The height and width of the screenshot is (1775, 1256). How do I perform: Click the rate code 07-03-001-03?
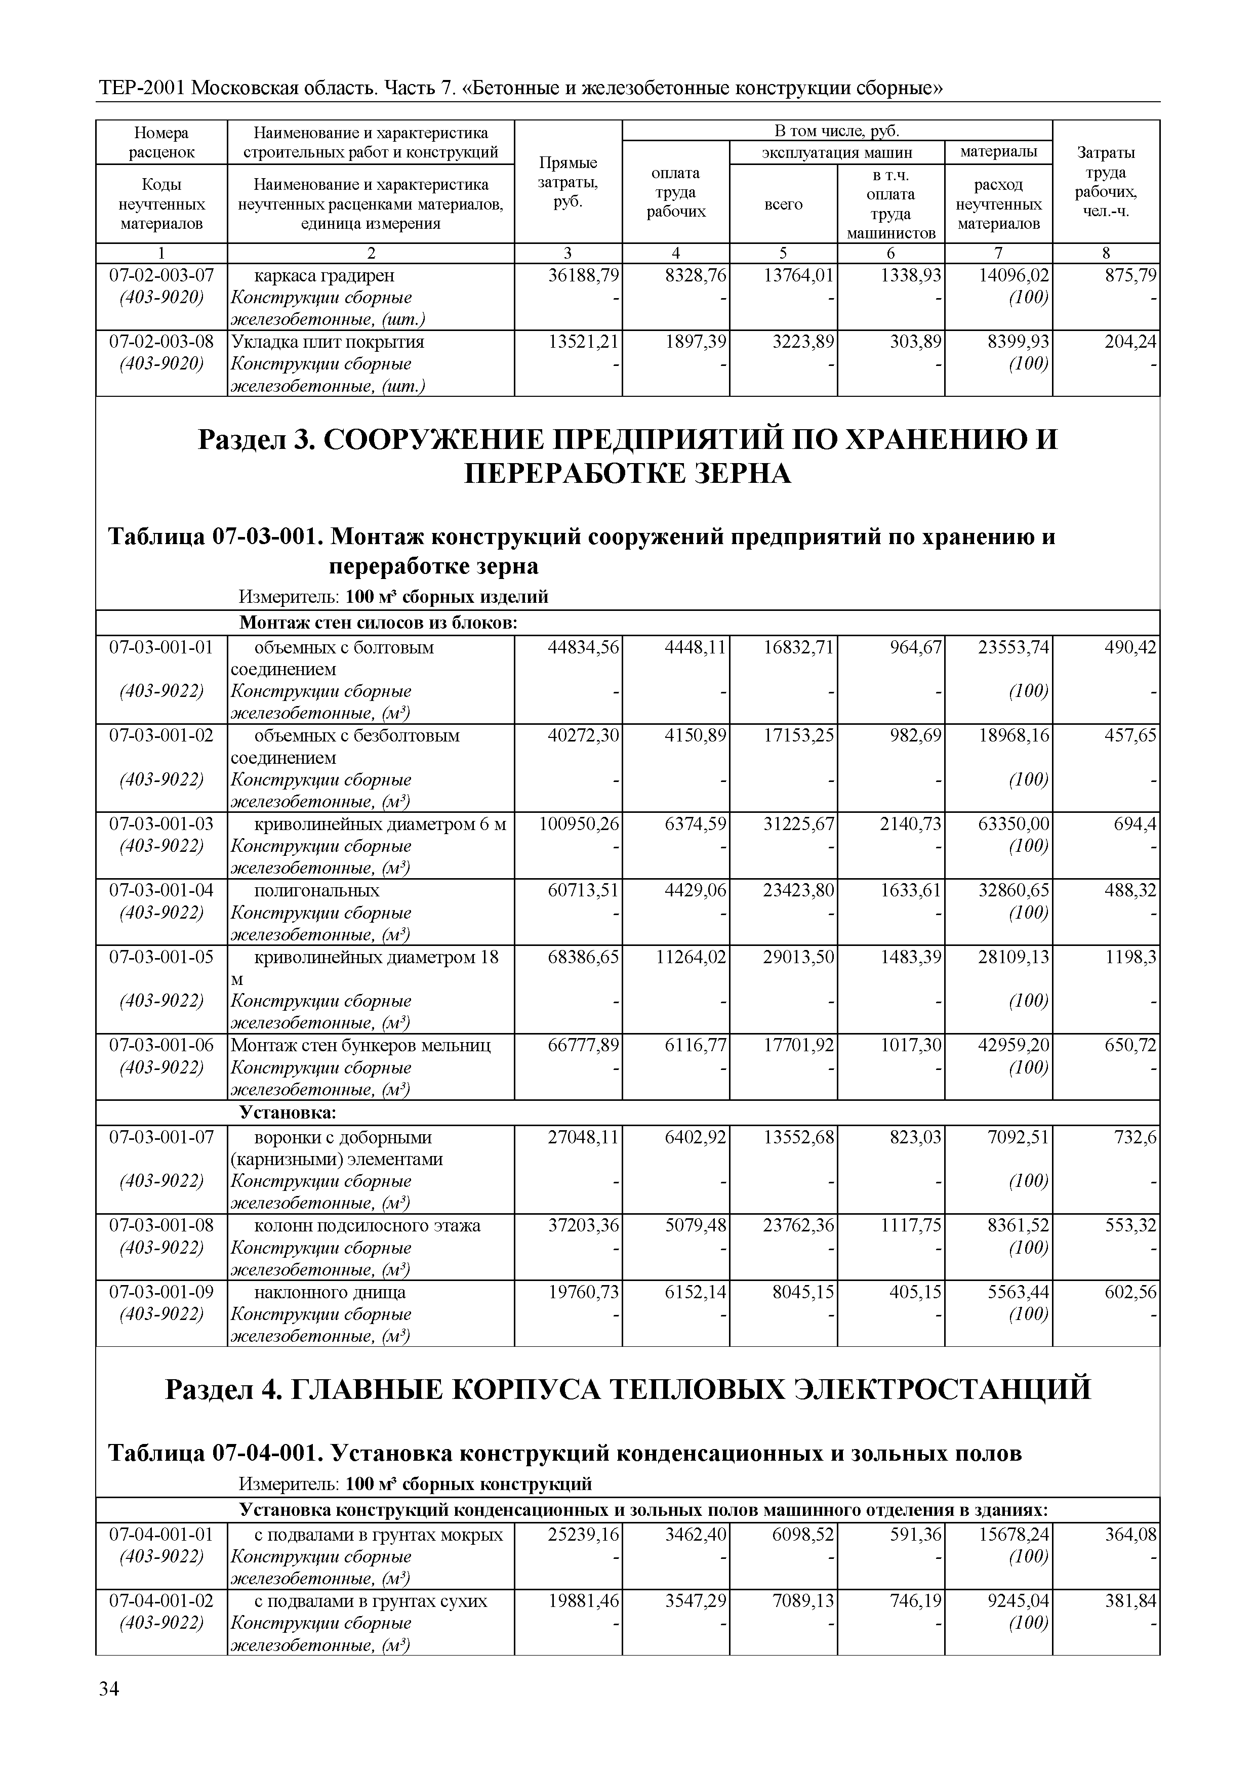point(161,824)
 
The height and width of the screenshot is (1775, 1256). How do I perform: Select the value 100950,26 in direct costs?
point(579,824)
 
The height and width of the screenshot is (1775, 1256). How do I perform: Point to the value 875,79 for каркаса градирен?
point(1130,275)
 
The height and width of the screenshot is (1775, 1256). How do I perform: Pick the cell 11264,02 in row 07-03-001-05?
point(691,957)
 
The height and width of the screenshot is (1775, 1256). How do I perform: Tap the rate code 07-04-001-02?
point(161,1601)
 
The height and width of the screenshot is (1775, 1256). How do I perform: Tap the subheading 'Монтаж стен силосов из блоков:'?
point(378,623)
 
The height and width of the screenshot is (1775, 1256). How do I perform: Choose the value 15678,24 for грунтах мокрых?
point(1013,1535)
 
